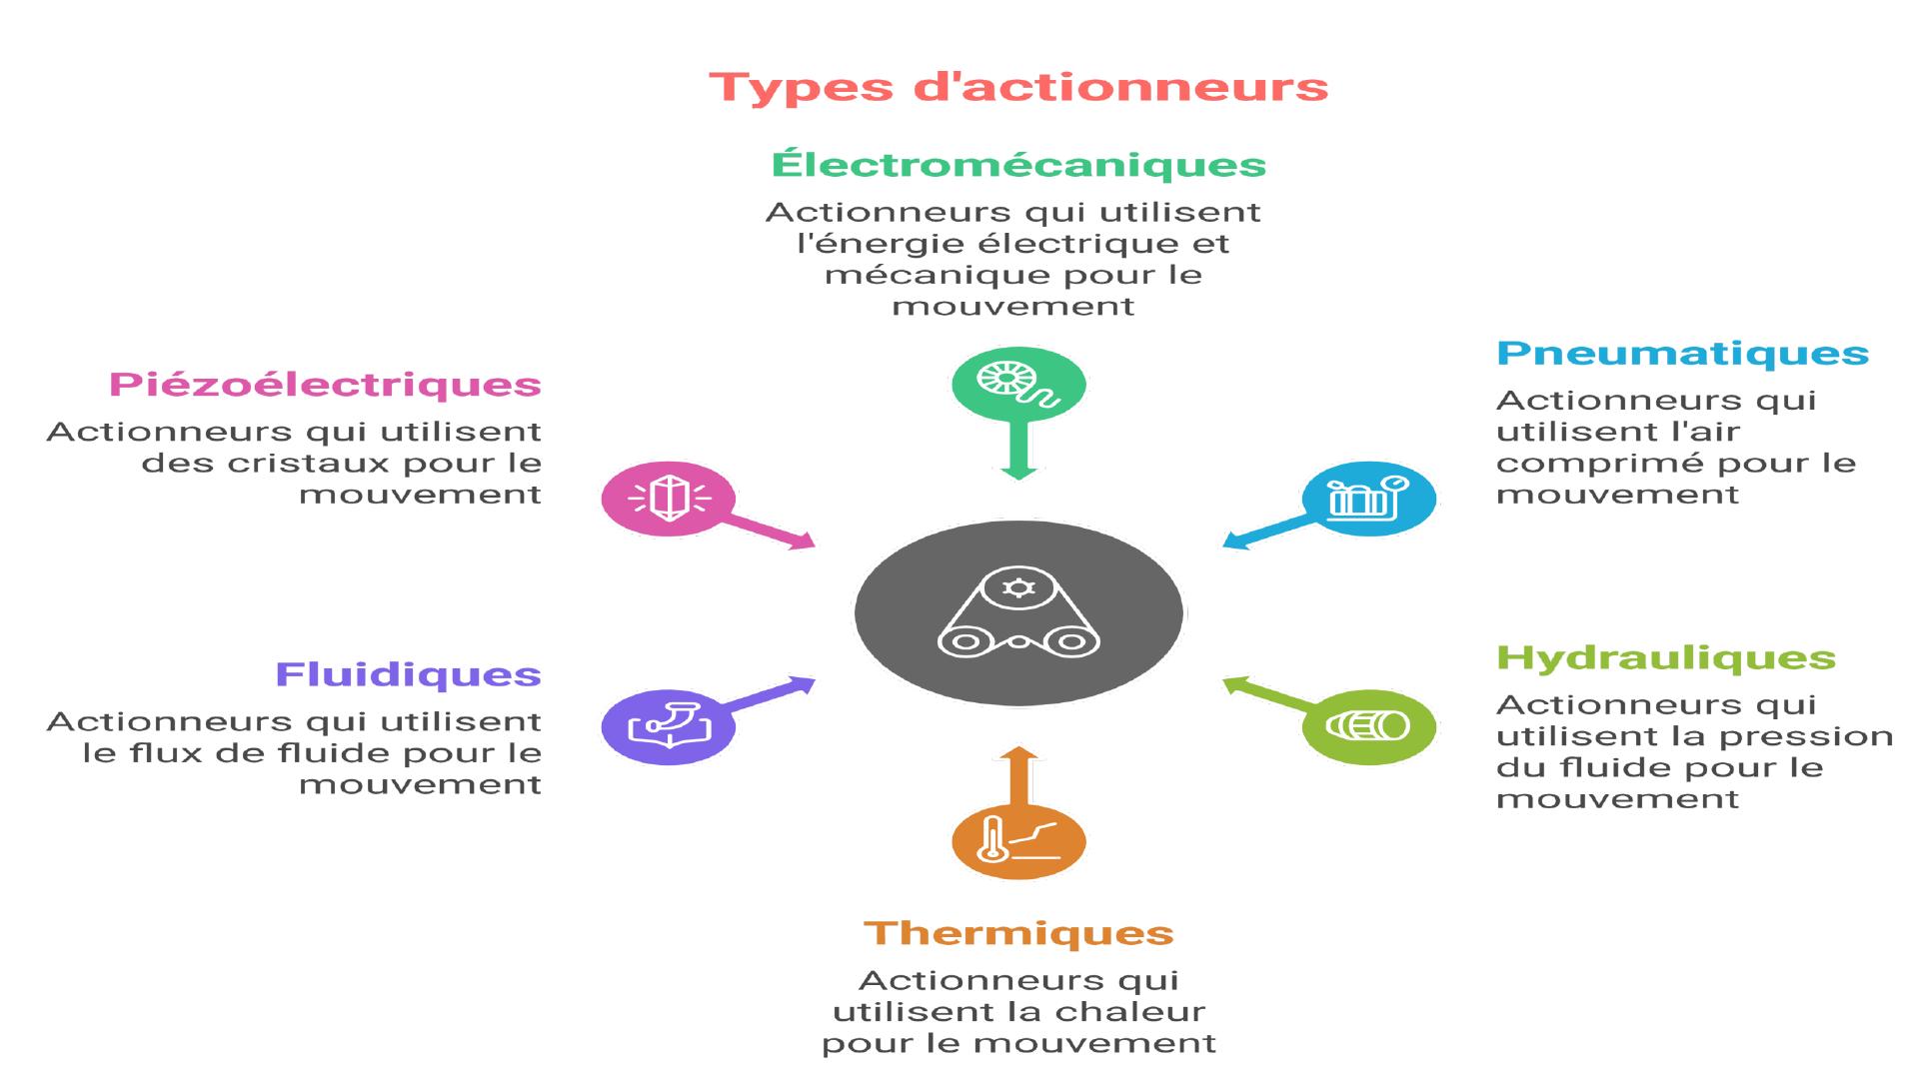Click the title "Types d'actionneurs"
[1018, 87]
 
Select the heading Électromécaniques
[1018, 164]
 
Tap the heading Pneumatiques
[1682, 353]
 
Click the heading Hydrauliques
[1666, 657]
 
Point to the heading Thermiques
[1018, 933]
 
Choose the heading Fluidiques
[408, 674]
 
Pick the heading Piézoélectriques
[325, 385]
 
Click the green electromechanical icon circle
[1018, 385]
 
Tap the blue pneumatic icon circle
[1369, 499]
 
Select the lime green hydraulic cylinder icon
[1369, 726]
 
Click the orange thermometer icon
[1018, 841]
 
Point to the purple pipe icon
[669, 726]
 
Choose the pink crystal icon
[669, 499]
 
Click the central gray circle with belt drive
[1018, 612]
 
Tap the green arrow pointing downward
[1018, 451]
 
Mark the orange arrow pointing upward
[1018, 775]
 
